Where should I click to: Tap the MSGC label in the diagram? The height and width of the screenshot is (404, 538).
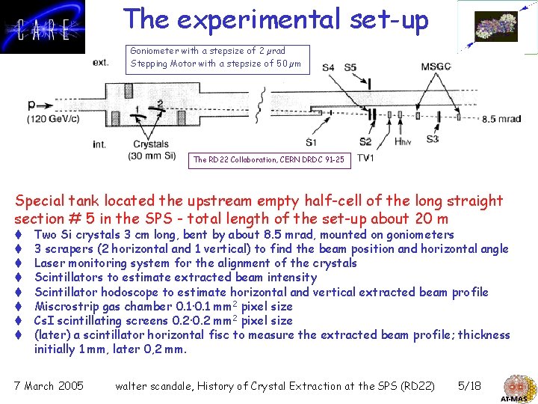436,67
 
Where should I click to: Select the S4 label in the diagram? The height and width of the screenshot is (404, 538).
329,68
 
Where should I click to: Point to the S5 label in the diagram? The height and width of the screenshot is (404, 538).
350,68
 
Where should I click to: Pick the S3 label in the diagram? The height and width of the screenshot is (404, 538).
432,139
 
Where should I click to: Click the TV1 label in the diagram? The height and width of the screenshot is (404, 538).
366,158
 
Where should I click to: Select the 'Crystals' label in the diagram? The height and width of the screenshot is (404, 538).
151,144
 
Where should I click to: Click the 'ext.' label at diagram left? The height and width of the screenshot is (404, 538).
100,63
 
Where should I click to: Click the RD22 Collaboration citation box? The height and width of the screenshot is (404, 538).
269,159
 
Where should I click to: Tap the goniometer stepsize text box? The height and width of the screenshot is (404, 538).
215,57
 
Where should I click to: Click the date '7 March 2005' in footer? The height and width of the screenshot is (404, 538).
49,386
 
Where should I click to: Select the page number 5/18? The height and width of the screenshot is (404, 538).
469,386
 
